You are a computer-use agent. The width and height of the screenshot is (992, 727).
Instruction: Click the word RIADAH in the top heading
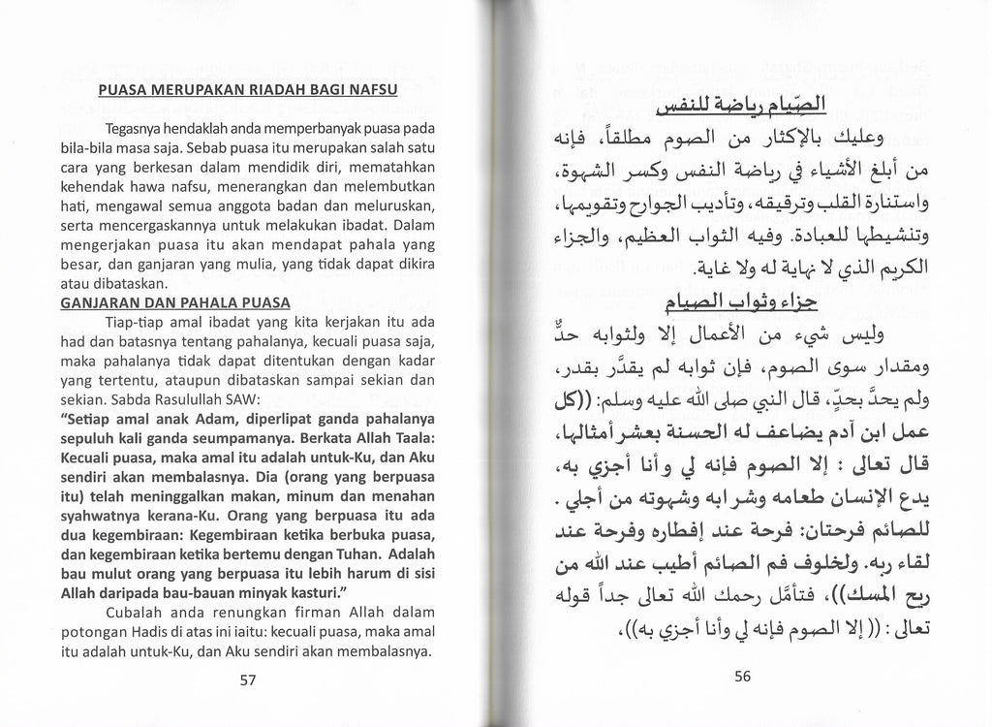(x=262, y=91)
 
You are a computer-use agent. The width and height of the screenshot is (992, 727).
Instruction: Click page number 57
(x=247, y=680)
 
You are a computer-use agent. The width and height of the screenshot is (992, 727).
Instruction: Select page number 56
(x=742, y=678)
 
